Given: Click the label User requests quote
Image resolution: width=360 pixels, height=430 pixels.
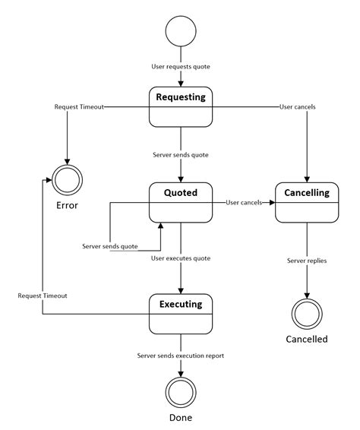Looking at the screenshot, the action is coord(181,67).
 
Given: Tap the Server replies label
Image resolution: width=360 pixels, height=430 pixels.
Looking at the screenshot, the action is coord(307,261).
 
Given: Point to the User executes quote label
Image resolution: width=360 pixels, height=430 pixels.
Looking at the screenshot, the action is coord(181,258).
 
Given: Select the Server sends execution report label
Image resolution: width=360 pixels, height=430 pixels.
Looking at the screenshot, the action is coord(181,356).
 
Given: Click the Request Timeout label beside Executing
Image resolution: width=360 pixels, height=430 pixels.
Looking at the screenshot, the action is coord(43,296).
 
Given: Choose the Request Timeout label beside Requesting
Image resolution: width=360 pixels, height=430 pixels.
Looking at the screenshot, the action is coord(79,106).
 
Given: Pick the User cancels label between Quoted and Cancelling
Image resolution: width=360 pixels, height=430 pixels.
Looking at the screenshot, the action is coord(244,203).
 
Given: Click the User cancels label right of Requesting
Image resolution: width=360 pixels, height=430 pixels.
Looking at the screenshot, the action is coord(298,106).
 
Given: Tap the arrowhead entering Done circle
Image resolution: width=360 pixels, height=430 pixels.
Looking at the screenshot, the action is coord(181,375).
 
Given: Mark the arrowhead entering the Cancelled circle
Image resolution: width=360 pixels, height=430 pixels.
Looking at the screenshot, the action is coord(307,296).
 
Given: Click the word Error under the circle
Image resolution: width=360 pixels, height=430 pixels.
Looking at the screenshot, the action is coord(67,205).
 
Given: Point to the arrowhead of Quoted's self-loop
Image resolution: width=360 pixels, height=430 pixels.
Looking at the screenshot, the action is coord(160,226).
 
